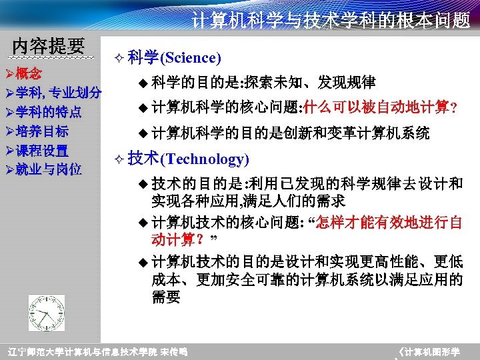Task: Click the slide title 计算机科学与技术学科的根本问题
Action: (x=331, y=21)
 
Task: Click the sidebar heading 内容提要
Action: (x=49, y=46)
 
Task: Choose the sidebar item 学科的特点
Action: (x=49, y=111)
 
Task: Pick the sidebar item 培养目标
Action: (x=43, y=131)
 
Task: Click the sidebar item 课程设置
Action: (x=43, y=150)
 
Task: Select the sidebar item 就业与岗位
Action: (x=49, y=169)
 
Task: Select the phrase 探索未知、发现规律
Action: (x=310, y=83)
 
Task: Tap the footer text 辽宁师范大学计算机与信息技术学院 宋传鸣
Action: (x=97, y=351)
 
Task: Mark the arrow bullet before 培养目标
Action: (x=9, y=131)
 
